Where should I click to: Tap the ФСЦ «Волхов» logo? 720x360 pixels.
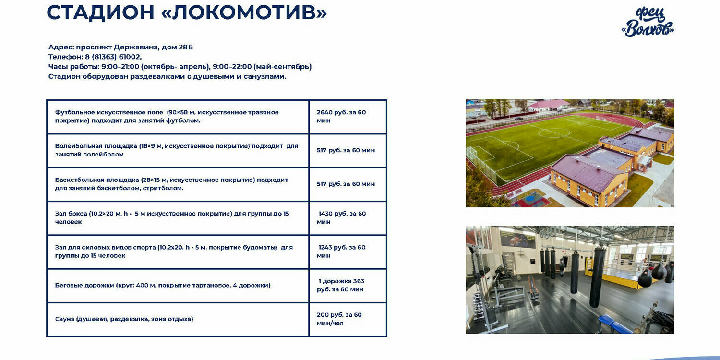(x=648, y=22)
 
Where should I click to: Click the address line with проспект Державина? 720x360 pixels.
(x=120, y=47)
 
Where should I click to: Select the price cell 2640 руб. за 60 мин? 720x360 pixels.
(x=348, y=117)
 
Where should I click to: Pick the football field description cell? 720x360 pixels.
(x=178, y=117)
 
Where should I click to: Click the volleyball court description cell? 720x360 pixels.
(x=178, y=150)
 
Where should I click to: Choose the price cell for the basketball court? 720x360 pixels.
(x=348, y=184)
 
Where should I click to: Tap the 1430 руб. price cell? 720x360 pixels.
(x=348, y=218)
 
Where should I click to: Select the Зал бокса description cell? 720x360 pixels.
(x=178, y=218)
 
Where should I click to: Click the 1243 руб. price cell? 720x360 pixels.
(x=348, y=252)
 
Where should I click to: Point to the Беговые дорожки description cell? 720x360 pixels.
(x=178, y=286)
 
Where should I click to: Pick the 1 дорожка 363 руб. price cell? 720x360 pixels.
(x=348, y=286)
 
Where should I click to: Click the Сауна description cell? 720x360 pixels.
(x=178, y=319)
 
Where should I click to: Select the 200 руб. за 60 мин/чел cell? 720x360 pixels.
(x=348, y=319)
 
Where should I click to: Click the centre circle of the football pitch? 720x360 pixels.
(x=554, y=129)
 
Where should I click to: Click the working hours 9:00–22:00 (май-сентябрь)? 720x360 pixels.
(x=262, y=67)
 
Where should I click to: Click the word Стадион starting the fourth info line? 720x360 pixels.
(x=64, y=76)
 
